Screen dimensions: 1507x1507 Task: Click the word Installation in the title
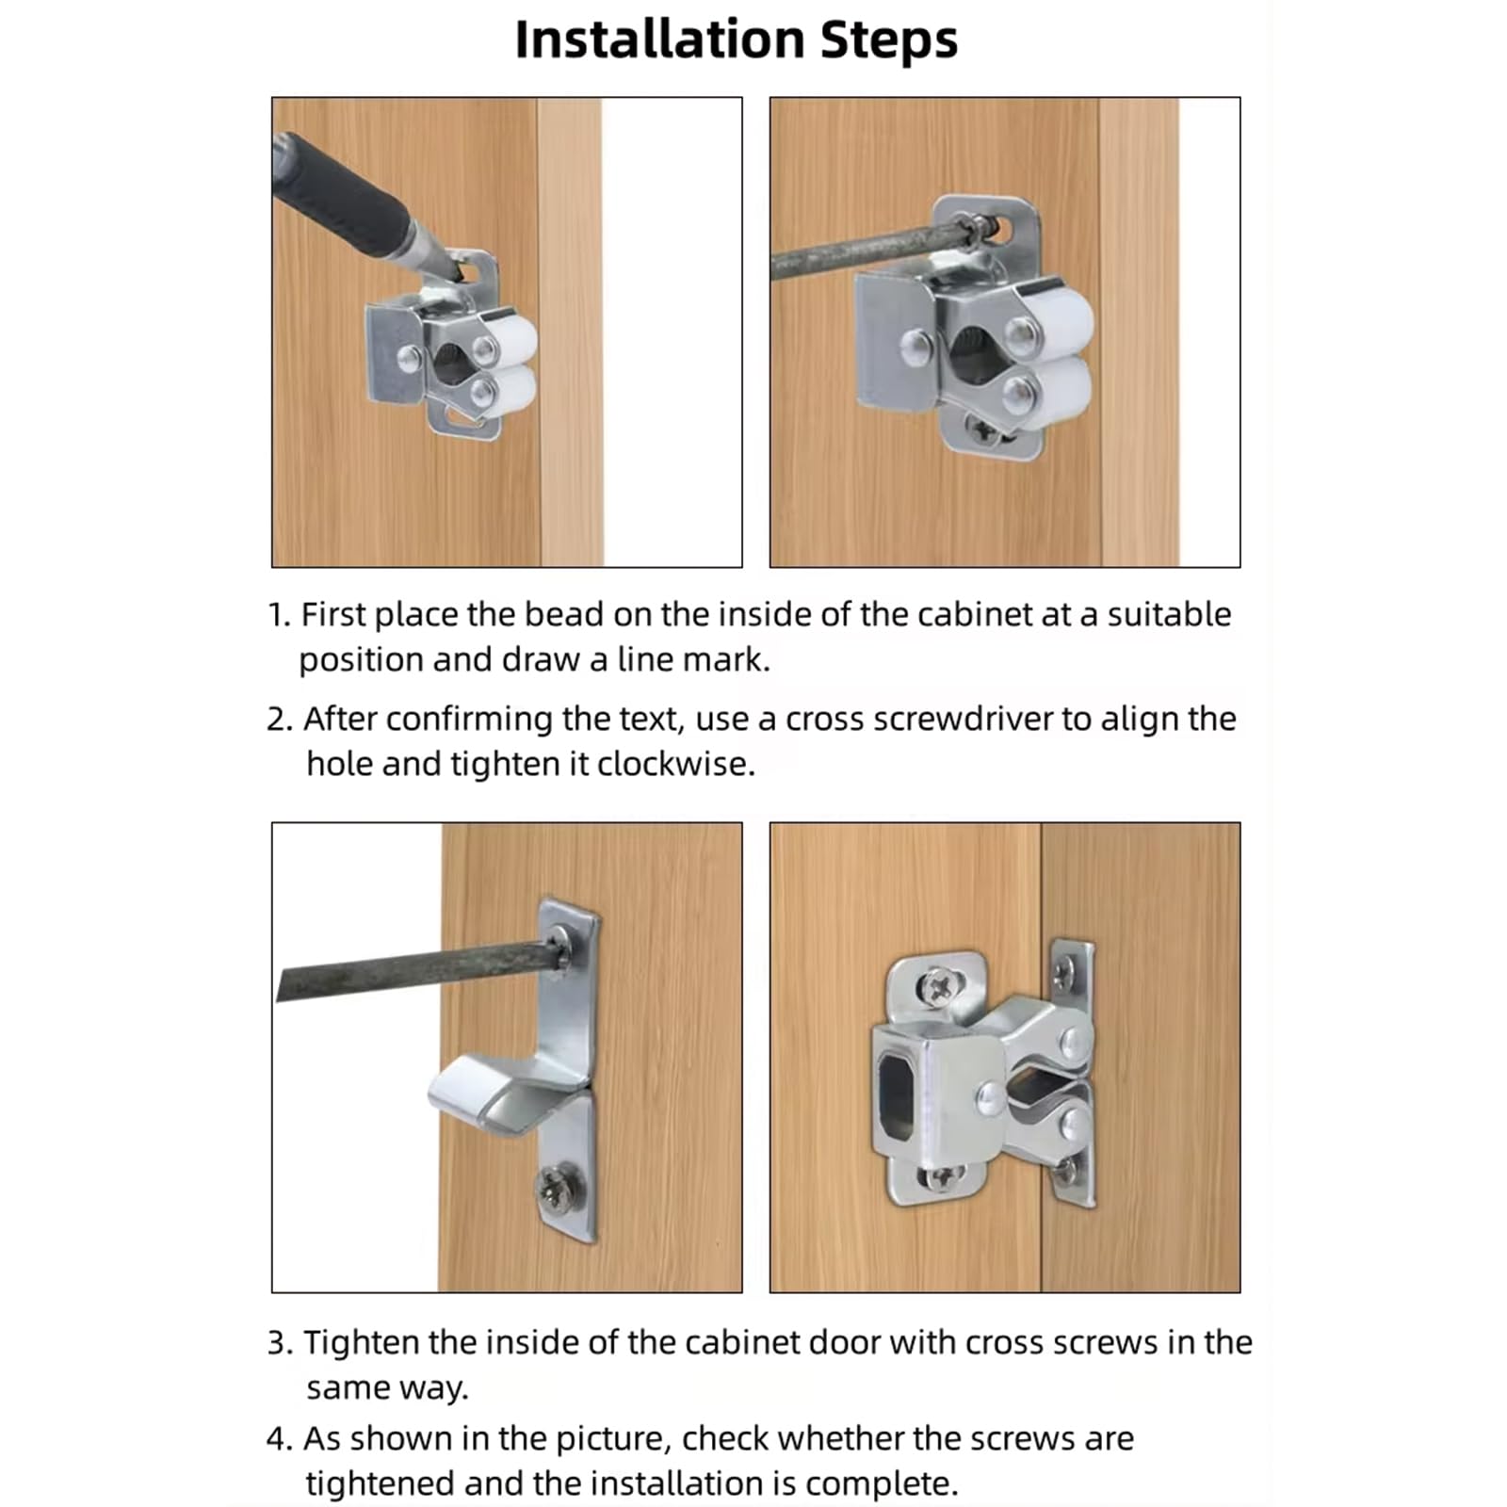point(659,40)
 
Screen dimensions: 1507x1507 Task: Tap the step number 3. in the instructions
point(280,1343)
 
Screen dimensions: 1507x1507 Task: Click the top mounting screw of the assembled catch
point(939,985)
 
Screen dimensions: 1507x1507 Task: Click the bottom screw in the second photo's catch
point(988,430)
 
